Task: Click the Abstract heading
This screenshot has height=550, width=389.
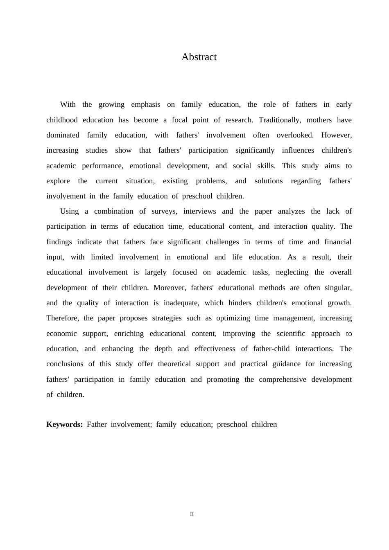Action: click(199, 57)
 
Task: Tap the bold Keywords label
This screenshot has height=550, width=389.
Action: click(64, 424)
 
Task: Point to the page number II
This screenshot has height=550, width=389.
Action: click(192, 514)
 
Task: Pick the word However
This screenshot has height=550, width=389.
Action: click(336, 135)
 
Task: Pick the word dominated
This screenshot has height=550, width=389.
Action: click(63, 135)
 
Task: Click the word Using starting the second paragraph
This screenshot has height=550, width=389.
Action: click(69, 211)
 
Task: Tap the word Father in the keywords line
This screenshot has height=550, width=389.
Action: click(97, 424)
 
